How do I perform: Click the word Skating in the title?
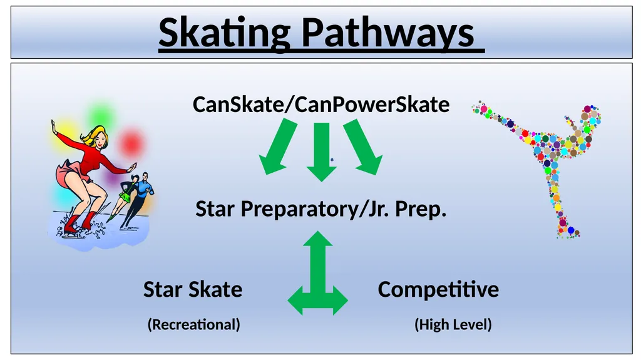224,33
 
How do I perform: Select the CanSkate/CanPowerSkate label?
320,104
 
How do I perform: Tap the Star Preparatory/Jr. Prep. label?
320,208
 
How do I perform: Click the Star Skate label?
193,289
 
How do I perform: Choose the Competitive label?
438,289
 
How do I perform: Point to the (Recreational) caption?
193,324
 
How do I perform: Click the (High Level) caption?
453,324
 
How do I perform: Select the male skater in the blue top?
144,191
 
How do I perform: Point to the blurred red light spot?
131,143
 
